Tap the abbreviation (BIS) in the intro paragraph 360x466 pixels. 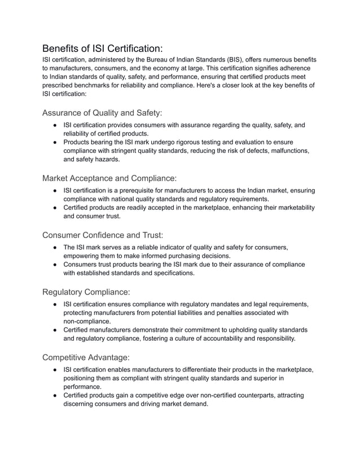[235, 60]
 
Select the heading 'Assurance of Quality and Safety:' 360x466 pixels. [102, 113]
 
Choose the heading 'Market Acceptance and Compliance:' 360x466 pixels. [109, 178]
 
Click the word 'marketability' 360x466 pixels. [291, 208]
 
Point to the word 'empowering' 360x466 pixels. [83, 256]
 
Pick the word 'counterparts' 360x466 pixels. [206, 395]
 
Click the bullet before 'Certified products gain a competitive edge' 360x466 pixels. [52, 395]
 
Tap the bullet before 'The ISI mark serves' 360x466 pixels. [52, 247]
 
